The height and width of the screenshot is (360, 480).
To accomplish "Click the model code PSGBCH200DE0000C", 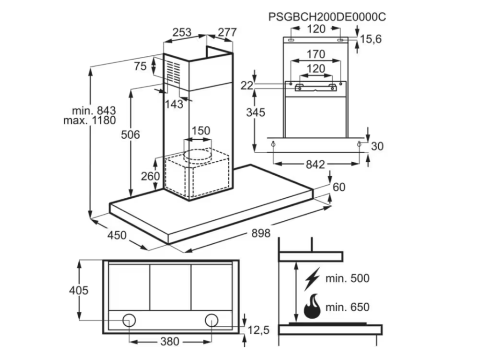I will pos(327,16).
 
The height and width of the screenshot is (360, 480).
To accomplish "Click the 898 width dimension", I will pos(261,232).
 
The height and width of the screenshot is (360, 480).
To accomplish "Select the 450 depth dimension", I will pos(117,235).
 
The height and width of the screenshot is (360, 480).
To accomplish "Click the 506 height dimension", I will pos(131,135).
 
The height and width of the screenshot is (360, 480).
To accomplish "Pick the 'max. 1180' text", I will pos(89,120).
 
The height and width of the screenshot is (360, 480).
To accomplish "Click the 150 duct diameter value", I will pos(201,131).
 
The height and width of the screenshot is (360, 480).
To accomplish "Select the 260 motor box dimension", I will pos(150,176).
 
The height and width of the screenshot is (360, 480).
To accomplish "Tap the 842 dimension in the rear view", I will pos(315,164).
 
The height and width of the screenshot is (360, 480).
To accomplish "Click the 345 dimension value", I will pos(255,112).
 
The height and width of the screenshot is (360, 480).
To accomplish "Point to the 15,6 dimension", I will pos(371,39).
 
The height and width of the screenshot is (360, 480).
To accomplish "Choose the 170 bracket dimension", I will pos(315,54).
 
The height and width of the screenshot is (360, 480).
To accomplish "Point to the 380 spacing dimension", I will pos(170,341).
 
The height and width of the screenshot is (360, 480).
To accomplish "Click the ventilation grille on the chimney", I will pos(173,73).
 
